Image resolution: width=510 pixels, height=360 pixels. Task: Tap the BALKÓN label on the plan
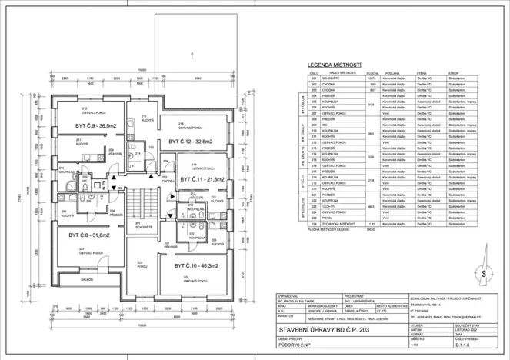click(86, 281)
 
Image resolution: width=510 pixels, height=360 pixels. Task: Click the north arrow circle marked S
click(483, 273)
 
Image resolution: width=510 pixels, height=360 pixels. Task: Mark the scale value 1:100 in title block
click(417, 346)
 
